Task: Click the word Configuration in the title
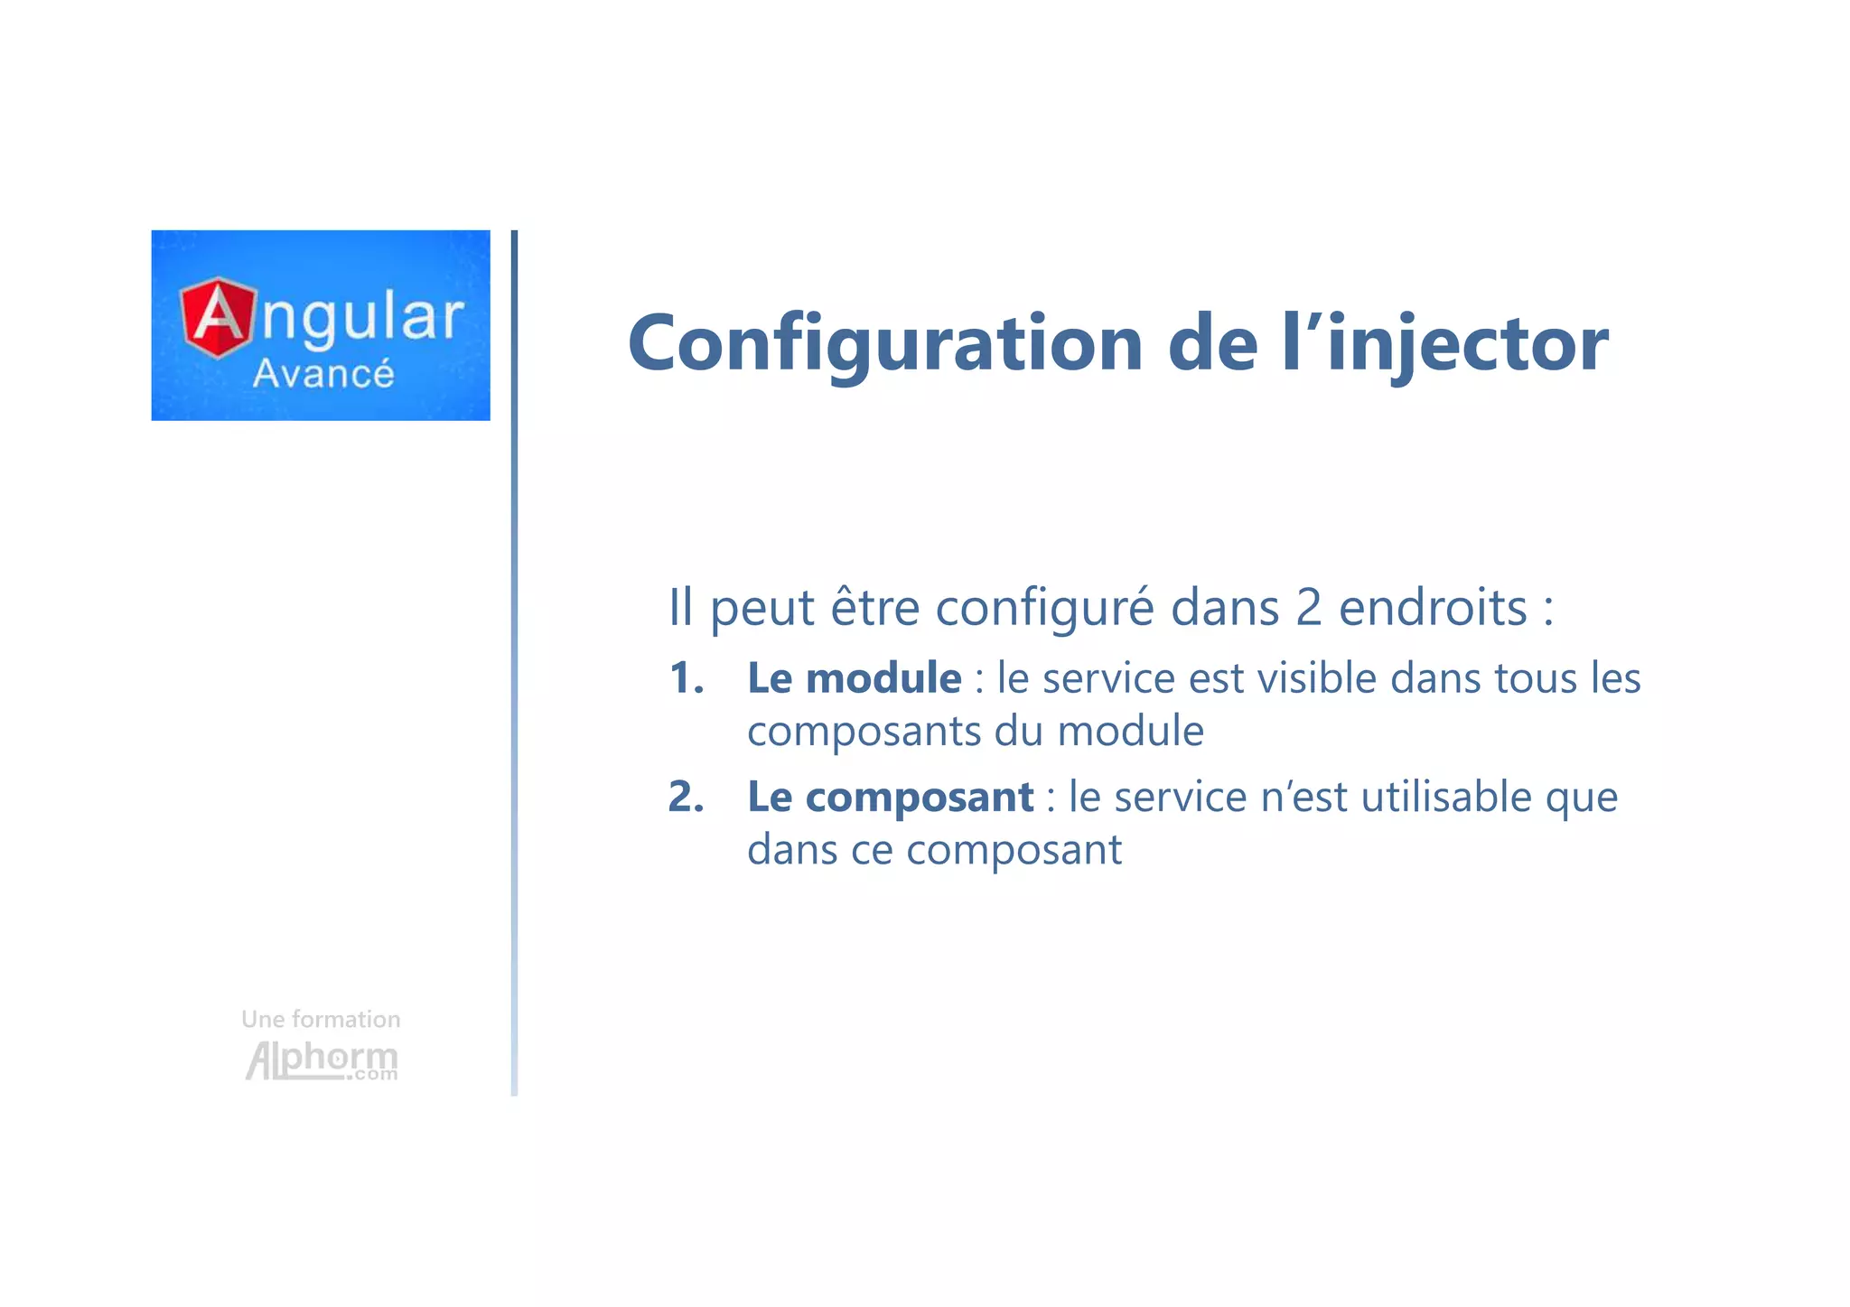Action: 885,345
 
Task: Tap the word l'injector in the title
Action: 1444,345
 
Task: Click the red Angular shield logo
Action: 217,317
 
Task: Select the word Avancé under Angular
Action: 323,374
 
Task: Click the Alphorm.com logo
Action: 322,1060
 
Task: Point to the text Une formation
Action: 321,1019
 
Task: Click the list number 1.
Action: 686,678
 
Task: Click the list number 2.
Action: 686,798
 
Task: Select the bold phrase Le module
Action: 854,678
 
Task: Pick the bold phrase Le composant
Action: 890,798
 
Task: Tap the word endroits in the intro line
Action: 1433,607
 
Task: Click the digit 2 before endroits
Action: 1308,607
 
